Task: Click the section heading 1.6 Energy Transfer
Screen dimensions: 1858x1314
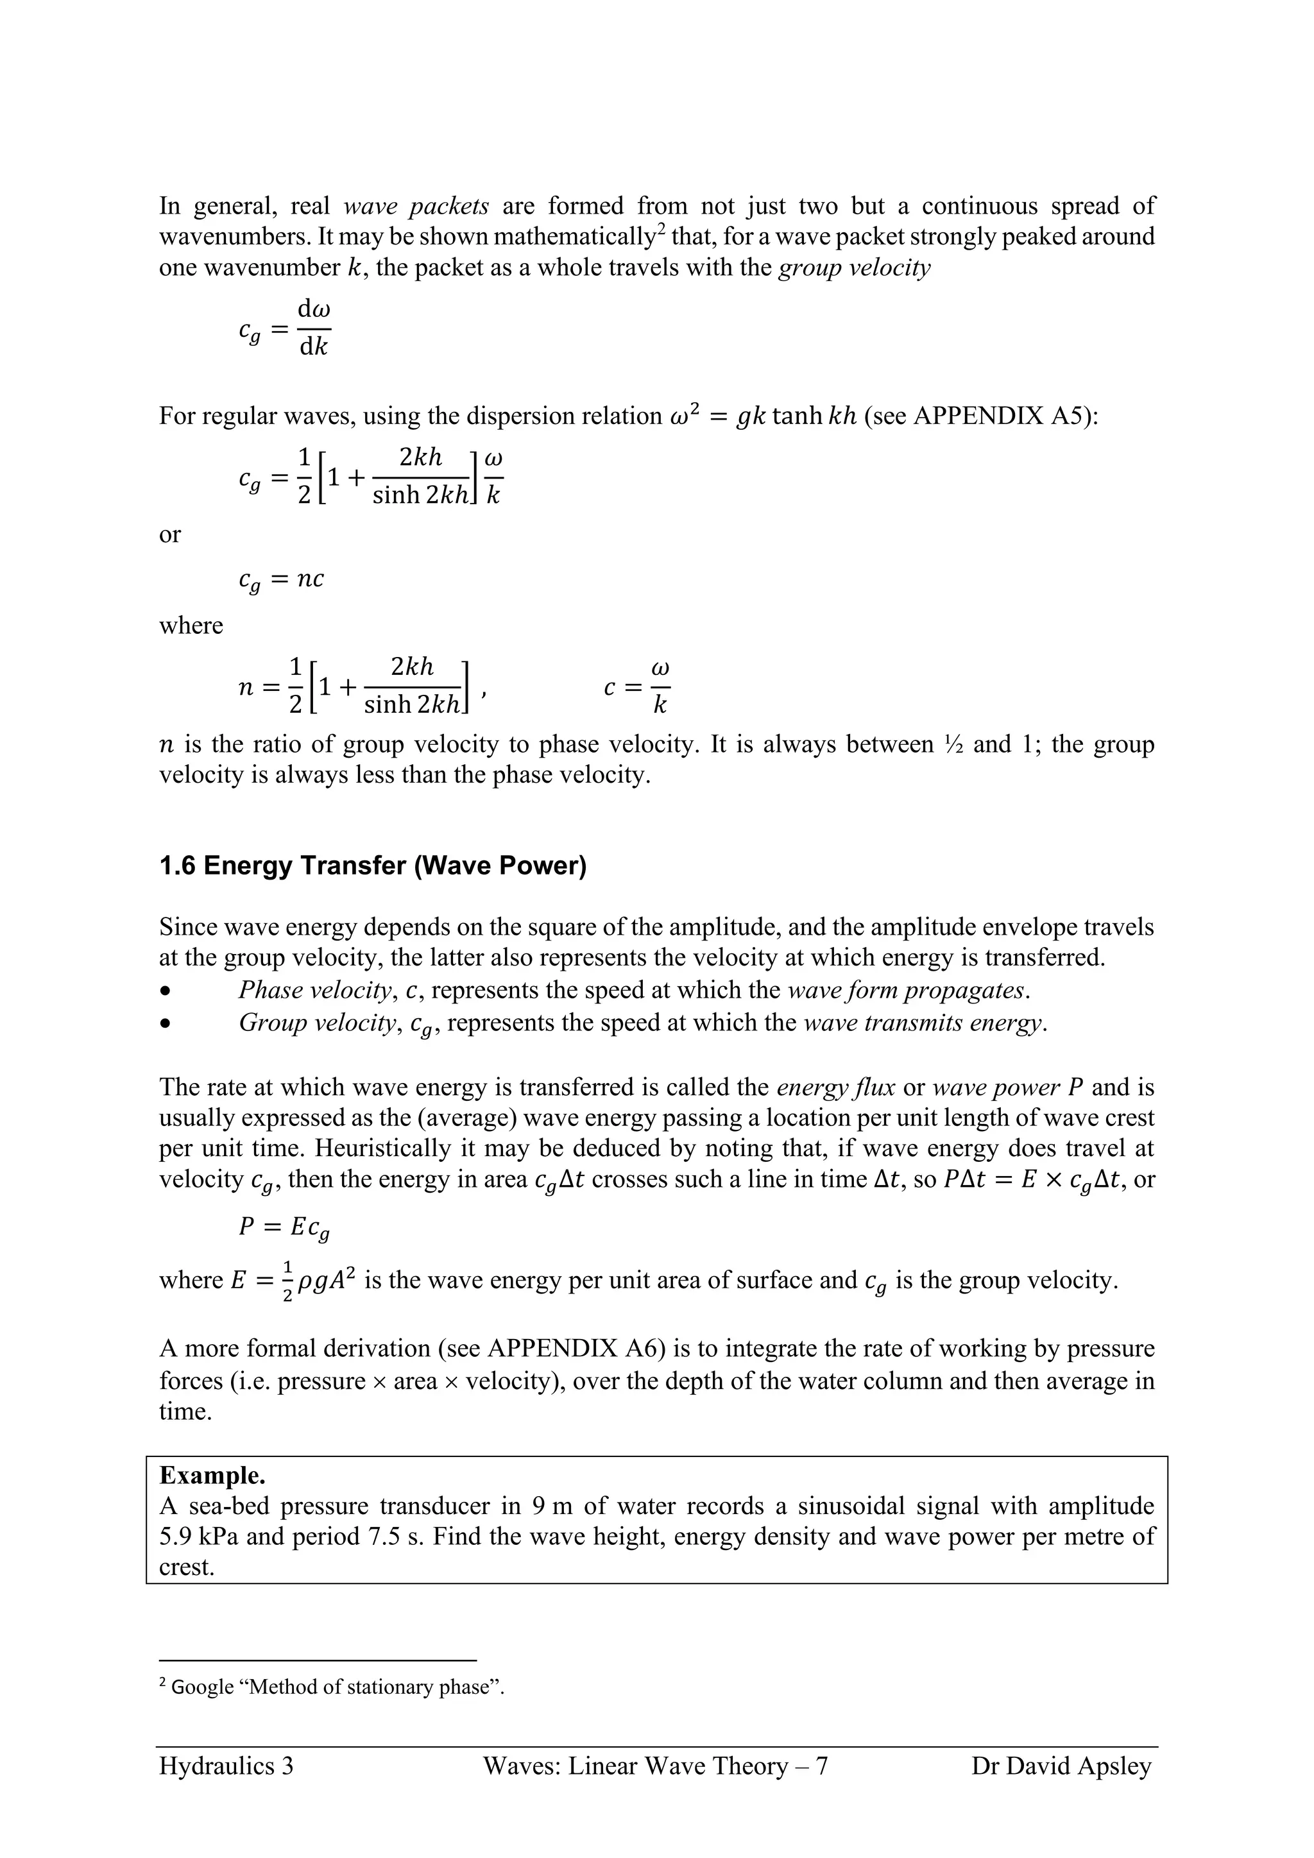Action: pos(372,866)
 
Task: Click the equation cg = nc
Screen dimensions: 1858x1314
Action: pos(281,579)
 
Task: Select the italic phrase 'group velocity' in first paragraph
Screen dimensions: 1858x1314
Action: pos(853,267)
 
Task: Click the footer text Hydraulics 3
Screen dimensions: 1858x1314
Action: pos(226,1765)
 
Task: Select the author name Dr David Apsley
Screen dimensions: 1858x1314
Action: pos(1061,1765)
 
